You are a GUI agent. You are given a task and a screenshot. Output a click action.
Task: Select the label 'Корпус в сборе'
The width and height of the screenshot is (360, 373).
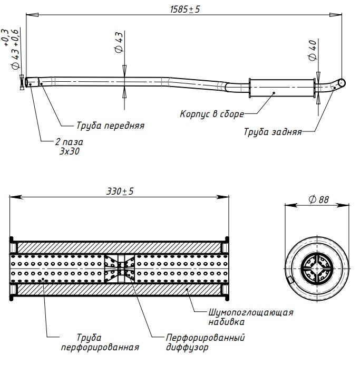[212, 113]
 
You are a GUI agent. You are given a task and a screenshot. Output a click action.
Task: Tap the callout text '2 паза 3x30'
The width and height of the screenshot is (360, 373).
[69, 146]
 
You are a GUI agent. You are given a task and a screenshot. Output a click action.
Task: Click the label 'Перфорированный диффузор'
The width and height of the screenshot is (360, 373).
[205, 342]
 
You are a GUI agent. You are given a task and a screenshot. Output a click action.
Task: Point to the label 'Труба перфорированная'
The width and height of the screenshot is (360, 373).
[100, 342]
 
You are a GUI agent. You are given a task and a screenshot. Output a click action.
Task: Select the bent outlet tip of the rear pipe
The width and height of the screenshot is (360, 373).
[340, 83]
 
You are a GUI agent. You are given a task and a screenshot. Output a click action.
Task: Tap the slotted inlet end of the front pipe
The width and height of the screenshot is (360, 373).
[31, 82]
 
